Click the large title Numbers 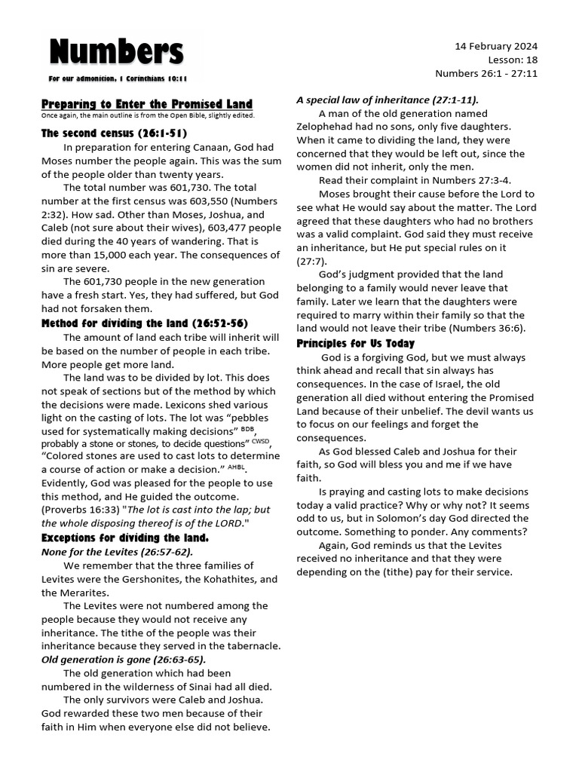pos(116,53)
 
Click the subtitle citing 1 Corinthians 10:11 pos(118,78)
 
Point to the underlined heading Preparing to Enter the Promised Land pos(147,104)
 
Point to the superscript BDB pos(247,427)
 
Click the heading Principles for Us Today pos(355,343)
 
